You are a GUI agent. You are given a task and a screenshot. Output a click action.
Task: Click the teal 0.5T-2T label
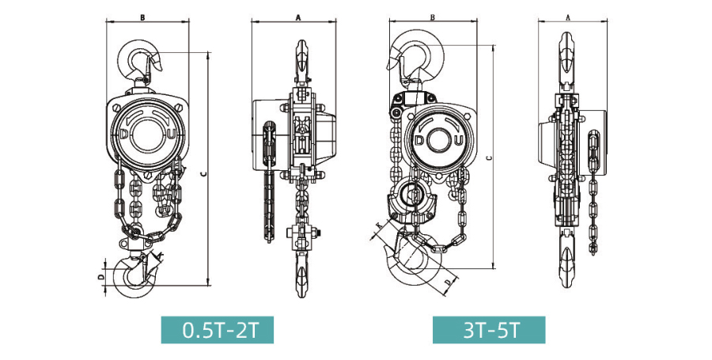pos(217,330)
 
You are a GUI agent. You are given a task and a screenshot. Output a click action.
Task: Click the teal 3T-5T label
pos(489,330)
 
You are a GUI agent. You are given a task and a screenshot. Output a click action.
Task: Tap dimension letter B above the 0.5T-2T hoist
pos(142,17)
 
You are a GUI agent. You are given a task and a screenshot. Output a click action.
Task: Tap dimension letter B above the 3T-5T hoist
pos(433,17)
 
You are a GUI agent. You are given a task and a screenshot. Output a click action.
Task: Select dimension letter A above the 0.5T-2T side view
pos(298,17)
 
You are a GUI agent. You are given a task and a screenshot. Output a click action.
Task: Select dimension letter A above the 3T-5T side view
pos(568,17)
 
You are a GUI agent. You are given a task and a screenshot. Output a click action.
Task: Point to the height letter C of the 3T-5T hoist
pos(488,158)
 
